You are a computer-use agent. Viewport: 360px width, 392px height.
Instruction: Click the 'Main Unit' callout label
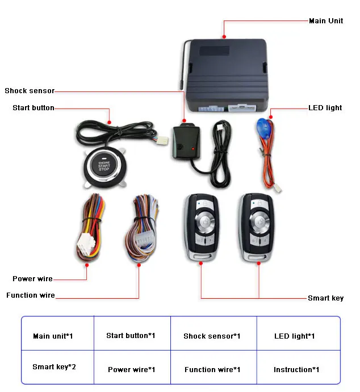pos(325,21)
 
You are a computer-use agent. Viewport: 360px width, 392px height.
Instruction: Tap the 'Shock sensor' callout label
pos(30,91)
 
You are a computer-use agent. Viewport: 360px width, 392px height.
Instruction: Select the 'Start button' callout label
pos(34,108)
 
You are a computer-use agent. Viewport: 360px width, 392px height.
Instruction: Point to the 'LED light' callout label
pos(325,108)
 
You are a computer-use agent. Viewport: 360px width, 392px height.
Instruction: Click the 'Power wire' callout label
pos(32,279)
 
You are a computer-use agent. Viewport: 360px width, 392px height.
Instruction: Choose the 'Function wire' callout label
pos(31,295)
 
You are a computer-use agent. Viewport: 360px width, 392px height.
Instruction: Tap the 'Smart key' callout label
pos(325,298)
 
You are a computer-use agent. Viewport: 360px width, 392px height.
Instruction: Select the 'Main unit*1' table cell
pos(53,336)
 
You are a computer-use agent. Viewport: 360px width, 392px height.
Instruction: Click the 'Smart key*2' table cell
pos(54,367)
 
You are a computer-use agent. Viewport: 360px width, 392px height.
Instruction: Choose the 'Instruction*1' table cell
pos(296,370)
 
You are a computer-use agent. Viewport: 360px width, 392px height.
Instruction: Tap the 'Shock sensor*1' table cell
pos(212,336)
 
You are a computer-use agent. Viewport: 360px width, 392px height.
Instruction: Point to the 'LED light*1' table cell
pos(294,336)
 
